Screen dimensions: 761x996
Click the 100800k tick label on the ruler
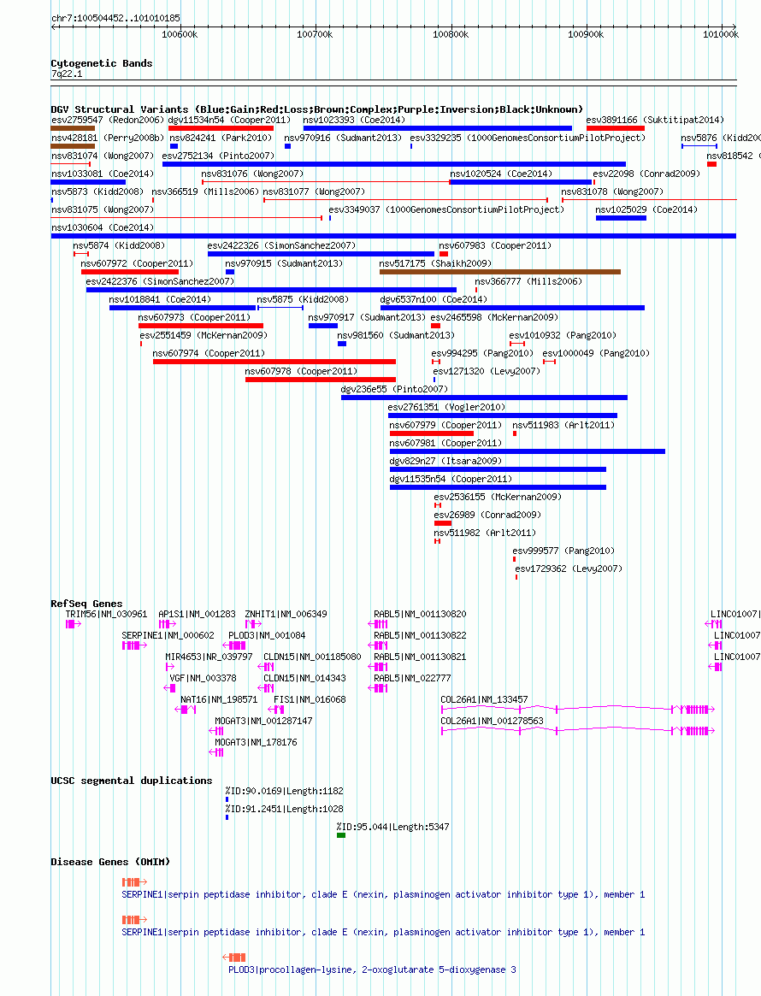(451, 34)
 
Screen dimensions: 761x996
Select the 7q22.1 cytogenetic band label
(67, 74)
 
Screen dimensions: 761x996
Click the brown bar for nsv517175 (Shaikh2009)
(500, 272)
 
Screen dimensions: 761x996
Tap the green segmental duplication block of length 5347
(341, 835)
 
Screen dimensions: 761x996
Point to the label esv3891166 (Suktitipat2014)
(655, 120)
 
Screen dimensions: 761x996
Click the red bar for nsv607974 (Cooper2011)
(274, 362)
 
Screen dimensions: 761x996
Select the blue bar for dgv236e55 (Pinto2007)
(484, 398)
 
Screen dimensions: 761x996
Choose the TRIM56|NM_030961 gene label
(106, 614)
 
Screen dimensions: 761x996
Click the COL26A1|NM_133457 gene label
(484, 699)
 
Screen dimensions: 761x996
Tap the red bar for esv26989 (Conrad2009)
(443, 523)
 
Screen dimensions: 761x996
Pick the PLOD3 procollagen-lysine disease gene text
(372, 970)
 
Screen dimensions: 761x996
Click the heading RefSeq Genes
(86, 604)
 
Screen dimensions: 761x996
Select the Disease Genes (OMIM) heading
(110, 862)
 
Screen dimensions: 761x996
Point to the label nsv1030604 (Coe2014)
(103, 227)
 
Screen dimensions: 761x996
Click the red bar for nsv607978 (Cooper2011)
(321, 380)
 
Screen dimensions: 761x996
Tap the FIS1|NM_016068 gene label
(310, 699)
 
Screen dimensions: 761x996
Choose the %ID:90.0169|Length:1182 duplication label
(284, 791)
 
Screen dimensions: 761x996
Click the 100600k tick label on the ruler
(180, 34)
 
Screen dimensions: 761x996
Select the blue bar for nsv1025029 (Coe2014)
(622, 218)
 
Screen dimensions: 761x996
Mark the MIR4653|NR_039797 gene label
(209, 657)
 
